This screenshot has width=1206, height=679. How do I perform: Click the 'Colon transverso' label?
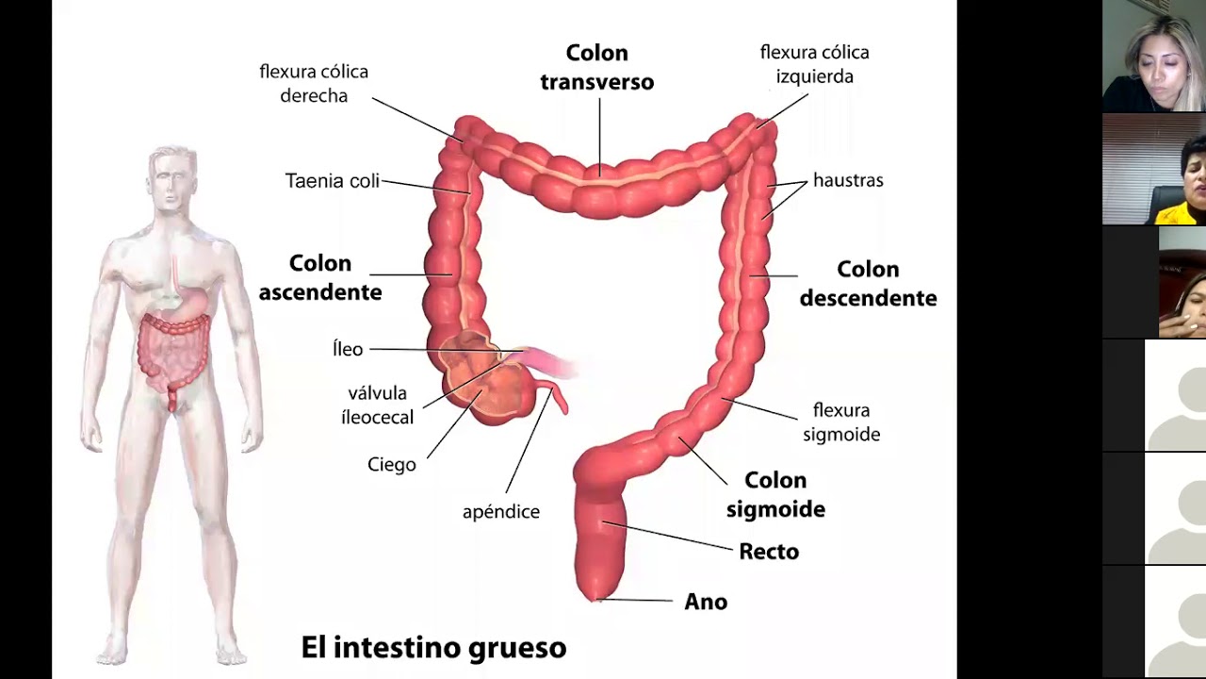(x=596, y=67)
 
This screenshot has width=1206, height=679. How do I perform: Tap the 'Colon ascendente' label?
(x=320, y=277)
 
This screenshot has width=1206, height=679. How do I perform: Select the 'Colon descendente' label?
(x=868, y=284)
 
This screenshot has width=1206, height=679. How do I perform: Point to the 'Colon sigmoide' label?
(x=775, y=495)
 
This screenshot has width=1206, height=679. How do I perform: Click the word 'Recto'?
(x=769, y=552)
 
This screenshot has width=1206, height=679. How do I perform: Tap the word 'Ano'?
(x=706, y=602)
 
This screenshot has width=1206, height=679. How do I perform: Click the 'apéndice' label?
(x=501, y=512)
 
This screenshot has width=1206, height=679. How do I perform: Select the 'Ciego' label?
(x=392, y=465)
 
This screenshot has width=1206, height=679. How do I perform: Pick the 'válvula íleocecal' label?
(x=377, y=405)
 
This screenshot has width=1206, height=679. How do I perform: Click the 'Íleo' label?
(x=348, y=349)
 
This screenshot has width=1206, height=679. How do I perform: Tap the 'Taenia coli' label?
(x=333, y=180)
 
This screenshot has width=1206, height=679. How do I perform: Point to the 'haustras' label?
(x=848, y=180)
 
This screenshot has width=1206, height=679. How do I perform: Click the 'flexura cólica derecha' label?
(x=314, y=84)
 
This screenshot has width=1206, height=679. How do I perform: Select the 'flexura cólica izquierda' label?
(x=815, y=64)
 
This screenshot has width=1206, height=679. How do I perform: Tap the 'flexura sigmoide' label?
(x=841, y=422)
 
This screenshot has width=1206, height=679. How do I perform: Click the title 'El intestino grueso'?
(x=433, y=648)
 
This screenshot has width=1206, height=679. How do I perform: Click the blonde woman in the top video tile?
(x=1152, y=57)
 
